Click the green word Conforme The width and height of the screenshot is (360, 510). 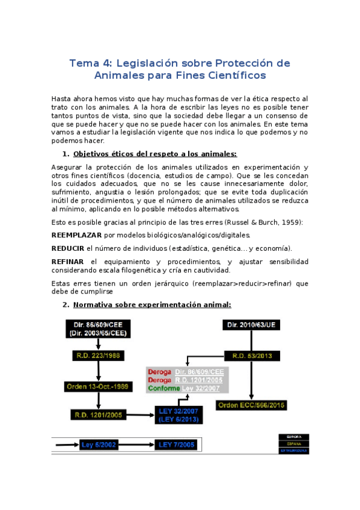pos(160,389)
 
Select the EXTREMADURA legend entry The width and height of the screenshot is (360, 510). pos(294,450)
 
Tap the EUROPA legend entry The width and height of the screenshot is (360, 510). pos(294,436)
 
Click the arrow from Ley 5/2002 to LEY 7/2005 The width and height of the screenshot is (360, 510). pos(138,444)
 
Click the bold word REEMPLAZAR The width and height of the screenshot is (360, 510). pos(76,235)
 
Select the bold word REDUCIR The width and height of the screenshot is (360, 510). pos(67,248)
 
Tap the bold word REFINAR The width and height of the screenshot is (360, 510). pos(67,262)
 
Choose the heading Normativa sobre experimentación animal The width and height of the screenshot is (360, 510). pos(152,305)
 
